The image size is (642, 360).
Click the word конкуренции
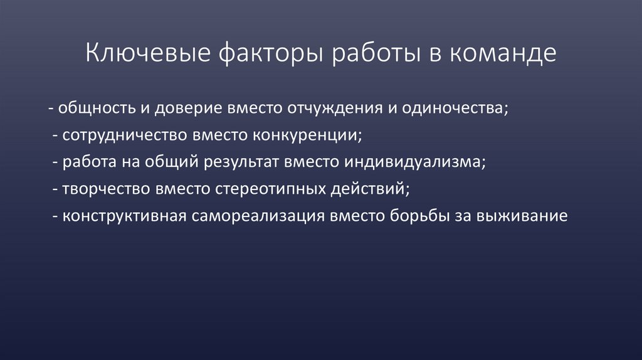click(306, 135)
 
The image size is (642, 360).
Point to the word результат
click(241, 162)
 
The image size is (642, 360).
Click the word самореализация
click(256, 216)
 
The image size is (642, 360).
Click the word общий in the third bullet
click(176, 162)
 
